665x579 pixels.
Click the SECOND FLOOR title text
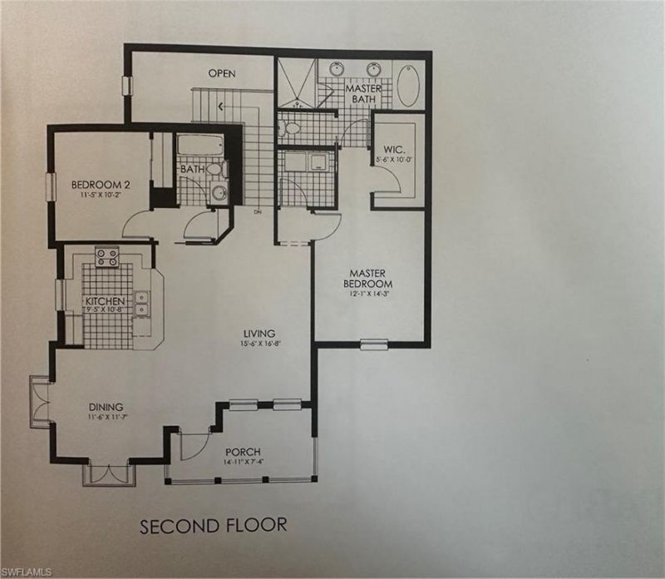[214, 525]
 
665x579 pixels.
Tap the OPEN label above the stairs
[221, 73]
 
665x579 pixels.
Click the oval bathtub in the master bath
[409, 87]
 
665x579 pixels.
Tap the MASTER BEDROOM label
[371, 278]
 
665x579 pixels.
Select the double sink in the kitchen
[142, 303]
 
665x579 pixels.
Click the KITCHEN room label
[105, 301]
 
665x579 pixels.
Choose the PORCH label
[242, 451]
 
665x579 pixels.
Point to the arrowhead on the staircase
[219, 107]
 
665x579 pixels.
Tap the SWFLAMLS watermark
[28, 572]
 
